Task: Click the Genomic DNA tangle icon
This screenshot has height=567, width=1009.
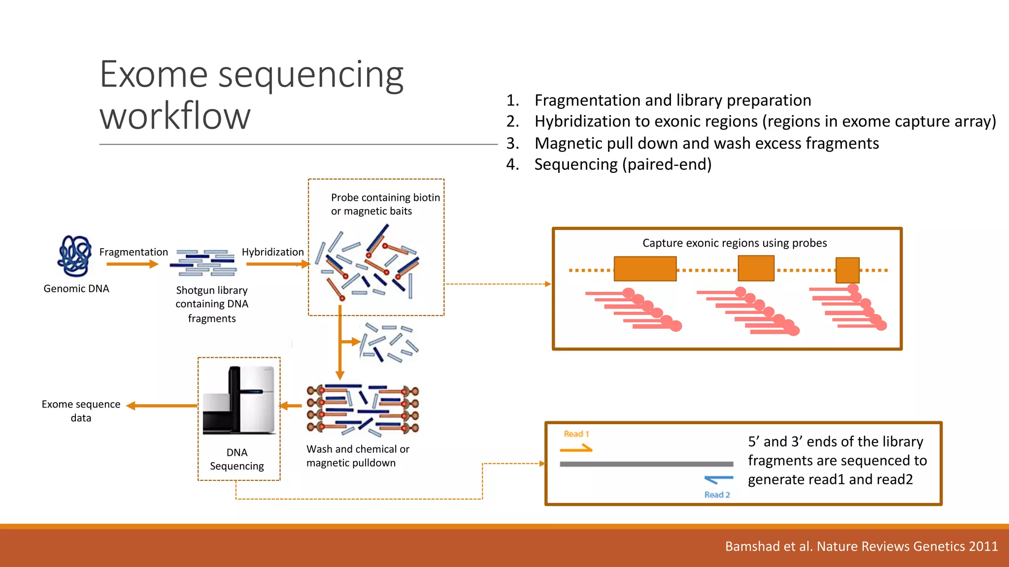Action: point(74,256)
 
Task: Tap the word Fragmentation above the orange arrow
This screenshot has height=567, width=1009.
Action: point(134,252)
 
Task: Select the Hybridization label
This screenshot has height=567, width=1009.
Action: point(272,252)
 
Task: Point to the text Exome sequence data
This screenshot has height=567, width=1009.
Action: point(81,410)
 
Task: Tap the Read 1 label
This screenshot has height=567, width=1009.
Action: point(576,434)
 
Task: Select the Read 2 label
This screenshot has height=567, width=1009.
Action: point(717,495)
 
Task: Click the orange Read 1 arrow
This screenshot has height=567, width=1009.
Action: point(576,448)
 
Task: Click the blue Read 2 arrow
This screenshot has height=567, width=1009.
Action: point(718,479)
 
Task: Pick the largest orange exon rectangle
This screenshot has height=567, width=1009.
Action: point(645,269)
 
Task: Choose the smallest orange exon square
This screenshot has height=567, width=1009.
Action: point(847,270)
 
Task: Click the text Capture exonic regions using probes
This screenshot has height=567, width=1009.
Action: point(734,243)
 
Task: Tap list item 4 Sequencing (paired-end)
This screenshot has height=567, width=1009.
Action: point(623,164)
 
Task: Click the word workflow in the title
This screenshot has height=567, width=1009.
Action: point(175,116)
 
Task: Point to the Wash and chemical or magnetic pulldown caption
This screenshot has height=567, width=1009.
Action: point(358,456)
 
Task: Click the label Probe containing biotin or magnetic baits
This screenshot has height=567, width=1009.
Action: point(385,204)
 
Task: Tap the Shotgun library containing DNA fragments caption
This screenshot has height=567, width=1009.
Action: point(212,304)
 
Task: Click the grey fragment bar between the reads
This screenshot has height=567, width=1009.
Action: point(646,464)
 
